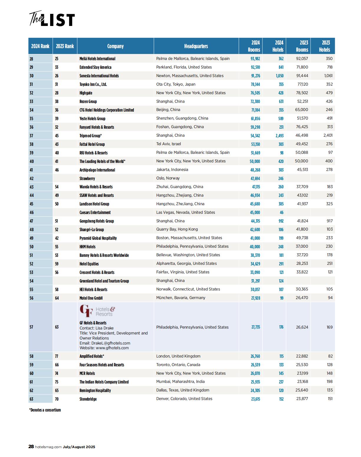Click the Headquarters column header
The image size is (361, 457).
[196, 46]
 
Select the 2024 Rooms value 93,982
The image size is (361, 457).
[255, 59]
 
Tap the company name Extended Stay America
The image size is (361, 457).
[95, 67]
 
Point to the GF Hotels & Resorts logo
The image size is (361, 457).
[97, 311]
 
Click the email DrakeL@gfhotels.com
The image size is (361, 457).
[105, 343]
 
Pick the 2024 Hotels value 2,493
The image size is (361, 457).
[280, 136]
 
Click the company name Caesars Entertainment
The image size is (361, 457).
[95, 213]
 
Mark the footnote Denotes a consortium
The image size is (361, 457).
[45, 410]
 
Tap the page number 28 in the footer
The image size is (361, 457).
[31, 447]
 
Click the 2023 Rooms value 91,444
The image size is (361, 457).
[302, 76]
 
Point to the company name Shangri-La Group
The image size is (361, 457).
[91, 230]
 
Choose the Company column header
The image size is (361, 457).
[115, 46]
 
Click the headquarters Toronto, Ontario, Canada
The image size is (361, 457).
[178, 365]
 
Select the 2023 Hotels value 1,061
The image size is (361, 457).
[328, 76]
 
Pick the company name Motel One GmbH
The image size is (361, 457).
[91, 298]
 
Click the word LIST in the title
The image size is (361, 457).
[58, 20]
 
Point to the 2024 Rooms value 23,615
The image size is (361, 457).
[255, 399]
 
